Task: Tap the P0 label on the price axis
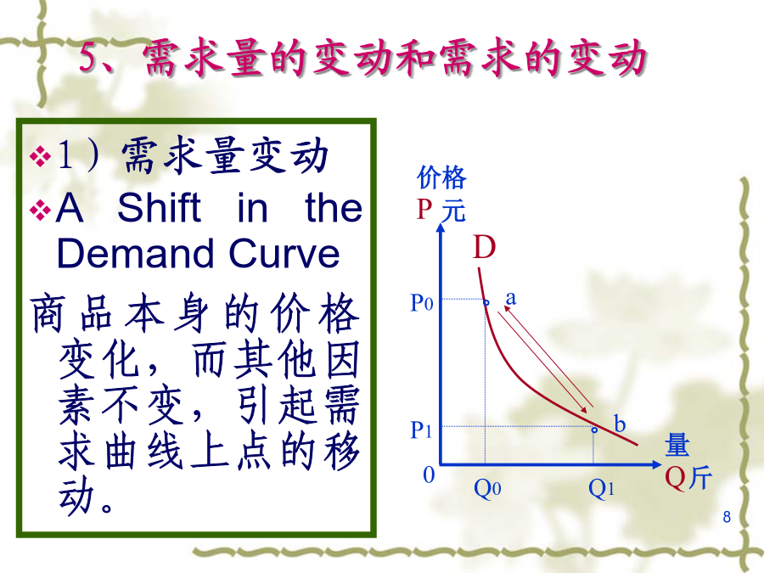[x=422, y=302]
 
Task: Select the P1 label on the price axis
[x=421, y=430]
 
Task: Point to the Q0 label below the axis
[x=487, y=488]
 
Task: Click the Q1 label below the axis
[x=601, y=488]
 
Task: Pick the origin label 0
[x=429, y=475]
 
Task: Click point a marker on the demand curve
[x=486, y=302]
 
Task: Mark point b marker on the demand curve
[x=594, y=430]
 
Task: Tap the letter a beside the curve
[x=511, y=298]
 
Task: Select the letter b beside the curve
[x=620, y=424]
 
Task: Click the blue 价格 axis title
[x=442, y=177]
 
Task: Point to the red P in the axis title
[x=424, y=210]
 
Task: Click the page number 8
[x=727, y=516]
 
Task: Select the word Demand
[x=135, y=253]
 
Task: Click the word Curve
[x=284, y=253]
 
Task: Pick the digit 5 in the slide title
[x=89, y=57]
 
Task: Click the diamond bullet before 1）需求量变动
[x=40, y=156]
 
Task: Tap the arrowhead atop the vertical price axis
[x=441, y=228]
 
